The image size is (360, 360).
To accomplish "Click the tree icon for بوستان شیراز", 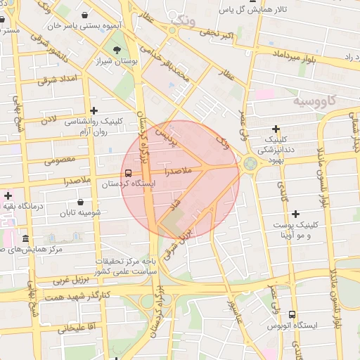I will coord(117,49).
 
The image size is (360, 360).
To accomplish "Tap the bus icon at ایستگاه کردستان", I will coord(128,172).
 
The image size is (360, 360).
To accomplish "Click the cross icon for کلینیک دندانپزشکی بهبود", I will coord(276,129).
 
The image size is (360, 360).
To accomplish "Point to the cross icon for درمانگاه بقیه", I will coord(8,195).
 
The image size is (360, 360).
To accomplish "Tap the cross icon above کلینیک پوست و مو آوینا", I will coord(295,214).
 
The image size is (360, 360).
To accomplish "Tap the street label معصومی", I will coord(60,160).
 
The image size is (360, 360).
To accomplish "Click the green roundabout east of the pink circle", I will coord(250,165).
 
